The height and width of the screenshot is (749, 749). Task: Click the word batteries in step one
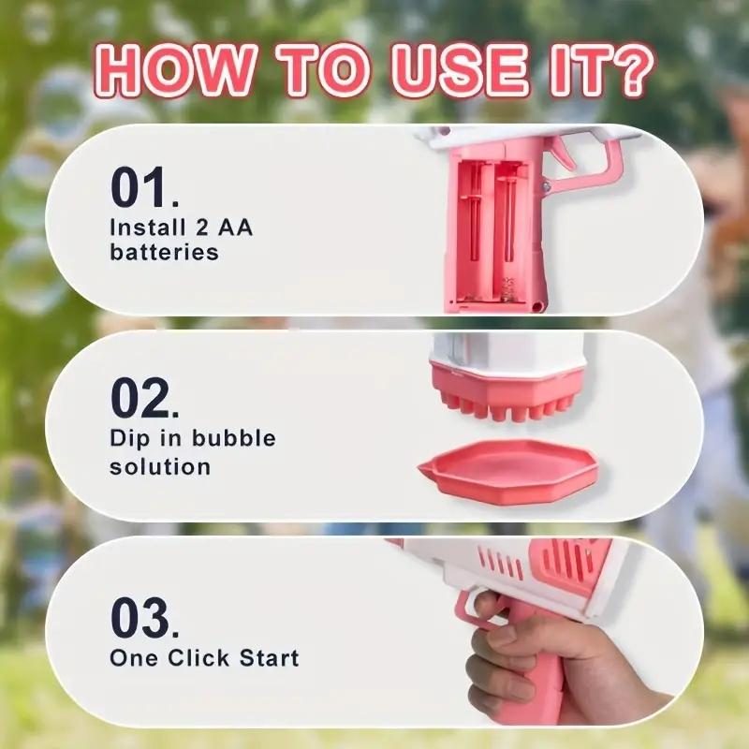click(164, 252)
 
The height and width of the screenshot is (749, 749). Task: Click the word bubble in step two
click(233, 438)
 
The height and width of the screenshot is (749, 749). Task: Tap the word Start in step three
click(269, 657)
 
